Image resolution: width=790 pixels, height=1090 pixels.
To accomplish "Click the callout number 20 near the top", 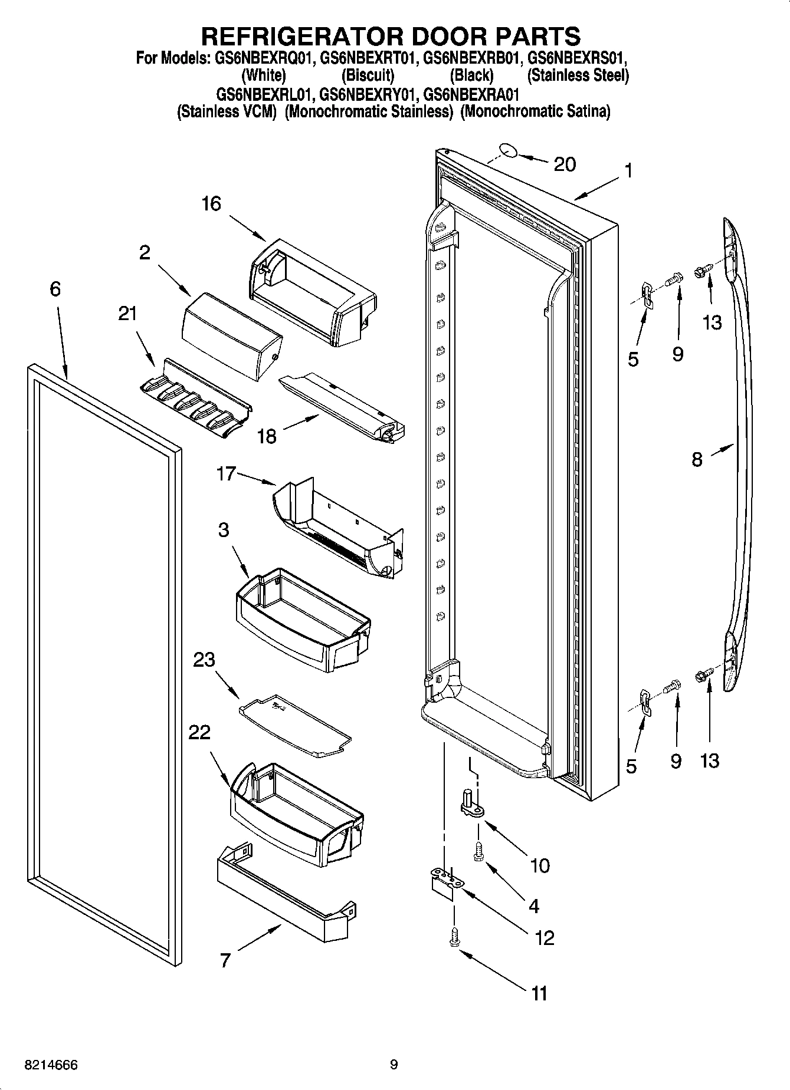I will click(x=564, y=164).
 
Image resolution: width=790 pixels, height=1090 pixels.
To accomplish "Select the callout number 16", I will click(x=211, y=203).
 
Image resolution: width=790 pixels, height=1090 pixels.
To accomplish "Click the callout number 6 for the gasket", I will click(x=55, y=289).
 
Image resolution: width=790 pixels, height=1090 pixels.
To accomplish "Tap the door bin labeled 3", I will click(x=301, y=619).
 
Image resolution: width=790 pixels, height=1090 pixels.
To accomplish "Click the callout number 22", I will click(x=199, y=732).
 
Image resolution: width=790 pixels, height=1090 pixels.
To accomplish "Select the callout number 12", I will click(x=544, y=937).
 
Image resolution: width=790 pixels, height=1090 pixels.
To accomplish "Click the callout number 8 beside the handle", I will click(x=697, y=459).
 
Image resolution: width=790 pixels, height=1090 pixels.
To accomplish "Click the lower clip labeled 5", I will click(x=645, y=703).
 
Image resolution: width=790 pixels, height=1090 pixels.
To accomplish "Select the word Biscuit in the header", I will click(x=368, y=75).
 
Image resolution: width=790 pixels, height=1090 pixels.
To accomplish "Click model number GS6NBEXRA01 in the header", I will click(x=471, y=94).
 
